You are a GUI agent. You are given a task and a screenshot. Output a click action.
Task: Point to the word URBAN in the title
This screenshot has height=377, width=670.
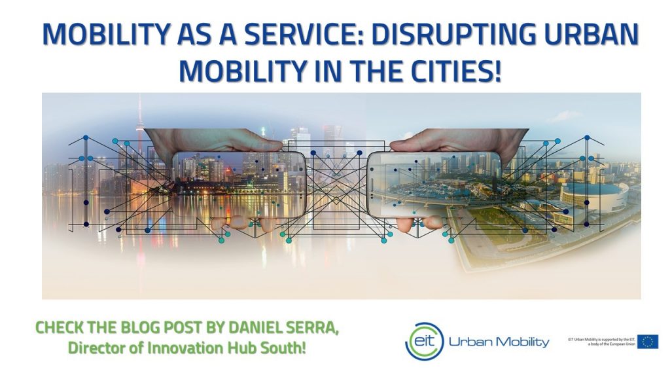click(584, 35)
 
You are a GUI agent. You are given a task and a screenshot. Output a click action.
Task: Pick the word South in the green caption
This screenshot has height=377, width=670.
click(284, 348)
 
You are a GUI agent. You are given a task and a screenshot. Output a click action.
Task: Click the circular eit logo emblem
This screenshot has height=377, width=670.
click(424, 341)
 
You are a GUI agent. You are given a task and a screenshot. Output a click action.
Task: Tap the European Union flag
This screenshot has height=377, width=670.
click(648, 341)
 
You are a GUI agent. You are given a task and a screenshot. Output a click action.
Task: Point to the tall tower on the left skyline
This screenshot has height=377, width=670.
click(141, 131)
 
